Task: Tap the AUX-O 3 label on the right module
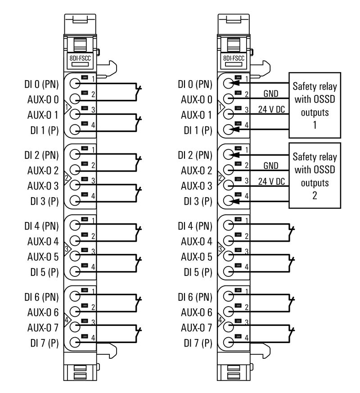coord(196,185)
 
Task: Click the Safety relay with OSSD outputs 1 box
coord(315,105)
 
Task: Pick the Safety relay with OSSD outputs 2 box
coord(315,176)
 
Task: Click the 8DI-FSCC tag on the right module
coord(234,58)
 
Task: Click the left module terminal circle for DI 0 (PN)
coord(75,83)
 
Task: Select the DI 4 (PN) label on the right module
coord(195,225)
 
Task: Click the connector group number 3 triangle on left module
coord(67,248)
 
